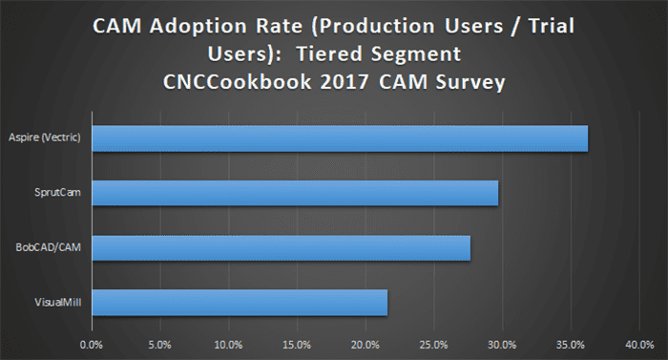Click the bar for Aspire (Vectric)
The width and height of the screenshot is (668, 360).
point(339,138)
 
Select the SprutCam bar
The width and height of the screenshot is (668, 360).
point(294,194)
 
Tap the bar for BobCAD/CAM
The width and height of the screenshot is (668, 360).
point(281,248)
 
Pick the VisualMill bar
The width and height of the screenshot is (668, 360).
point(239,304)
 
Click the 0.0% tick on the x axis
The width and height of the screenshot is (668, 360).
point(91,343)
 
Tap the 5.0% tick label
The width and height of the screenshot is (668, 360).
point(159,343)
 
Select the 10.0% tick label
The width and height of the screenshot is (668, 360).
point(228,343)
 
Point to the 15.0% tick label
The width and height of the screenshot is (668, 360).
point(297,343)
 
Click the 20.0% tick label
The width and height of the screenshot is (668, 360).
point(365,343)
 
